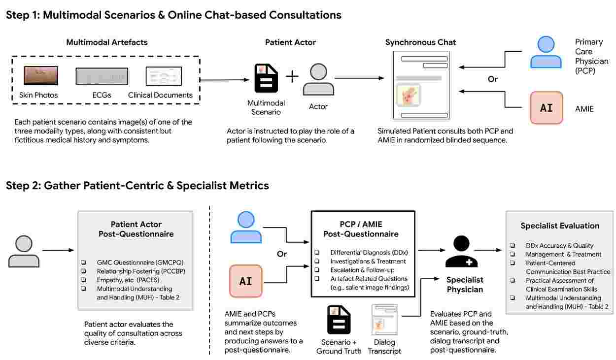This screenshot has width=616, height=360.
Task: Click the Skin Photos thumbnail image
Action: (41, 76)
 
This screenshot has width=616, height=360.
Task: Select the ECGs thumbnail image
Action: (102, 76)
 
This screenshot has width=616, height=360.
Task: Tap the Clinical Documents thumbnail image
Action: (164, 76)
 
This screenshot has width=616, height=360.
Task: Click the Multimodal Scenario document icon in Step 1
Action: (266, 78)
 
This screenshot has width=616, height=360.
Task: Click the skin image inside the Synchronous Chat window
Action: (408, 95)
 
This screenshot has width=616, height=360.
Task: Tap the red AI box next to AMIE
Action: (546, 108)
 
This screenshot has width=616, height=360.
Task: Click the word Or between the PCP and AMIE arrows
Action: (493, 79)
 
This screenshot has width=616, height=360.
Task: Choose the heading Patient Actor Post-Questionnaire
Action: (135, 229)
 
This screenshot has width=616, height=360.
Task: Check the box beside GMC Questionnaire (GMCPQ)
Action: (83, 262)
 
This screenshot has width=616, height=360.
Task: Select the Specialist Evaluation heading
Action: (560, 226)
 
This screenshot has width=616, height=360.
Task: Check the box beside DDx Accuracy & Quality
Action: (513, 245)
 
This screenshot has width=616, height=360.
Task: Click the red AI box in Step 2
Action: (245, 281)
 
